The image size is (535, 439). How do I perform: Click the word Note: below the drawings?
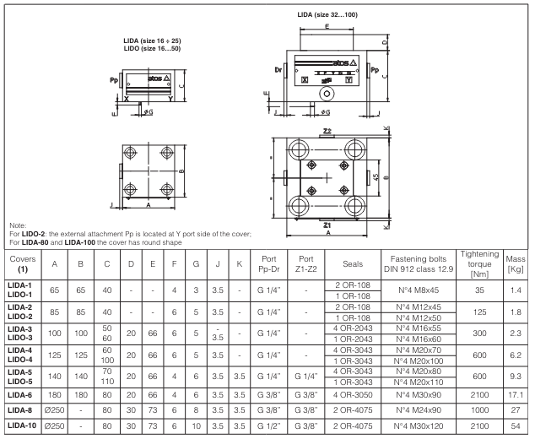click(15, 224)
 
